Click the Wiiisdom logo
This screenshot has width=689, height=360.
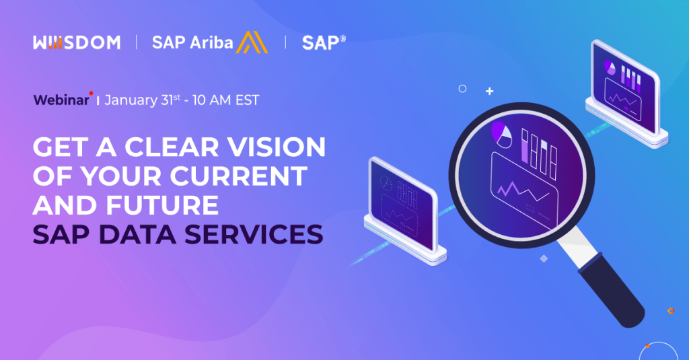[x=76, y=42]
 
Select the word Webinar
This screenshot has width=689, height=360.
[x=61, y=100]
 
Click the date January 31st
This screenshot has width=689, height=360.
[x=144, y=100]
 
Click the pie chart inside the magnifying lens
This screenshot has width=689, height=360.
[x=502, y=133]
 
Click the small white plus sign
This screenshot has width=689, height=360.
[x=490, y=91]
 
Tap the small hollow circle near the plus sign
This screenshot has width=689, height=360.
[x=462, y=88]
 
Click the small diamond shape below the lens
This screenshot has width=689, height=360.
[x=544, y=258]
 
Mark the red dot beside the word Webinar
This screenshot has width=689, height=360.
[x=91, y=94]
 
